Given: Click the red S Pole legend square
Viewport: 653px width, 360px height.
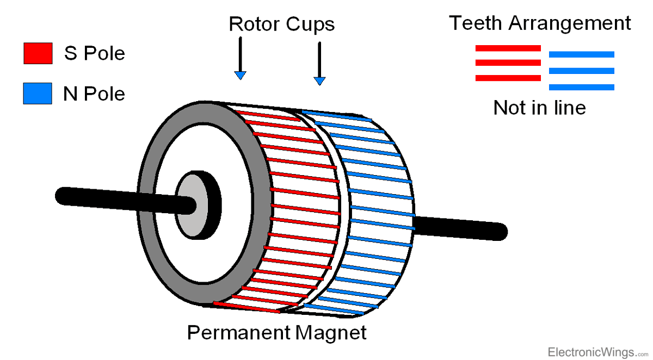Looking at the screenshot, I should pos(38,54).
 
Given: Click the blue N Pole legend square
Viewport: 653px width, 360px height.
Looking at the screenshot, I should pos(38,93).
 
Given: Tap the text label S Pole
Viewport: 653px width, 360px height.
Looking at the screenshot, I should pos(94,53).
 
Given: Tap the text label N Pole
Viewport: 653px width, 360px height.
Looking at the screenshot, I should pos(94,94).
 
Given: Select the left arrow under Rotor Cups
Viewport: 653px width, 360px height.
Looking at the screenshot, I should pos(240,60).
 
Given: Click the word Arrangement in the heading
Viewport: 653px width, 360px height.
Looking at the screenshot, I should pos(569,24).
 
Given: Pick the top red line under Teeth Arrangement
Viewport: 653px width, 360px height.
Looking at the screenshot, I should pos(508,48).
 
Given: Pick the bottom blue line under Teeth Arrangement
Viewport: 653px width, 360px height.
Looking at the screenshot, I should pos(582,87).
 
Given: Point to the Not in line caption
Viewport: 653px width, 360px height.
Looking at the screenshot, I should pos(539,108).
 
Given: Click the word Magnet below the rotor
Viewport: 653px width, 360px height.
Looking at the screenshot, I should pos(331,332).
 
